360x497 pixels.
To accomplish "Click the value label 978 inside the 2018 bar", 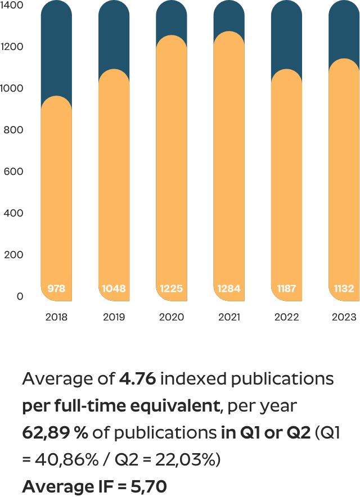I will (56, 289).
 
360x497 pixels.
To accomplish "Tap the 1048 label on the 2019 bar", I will (114, 289).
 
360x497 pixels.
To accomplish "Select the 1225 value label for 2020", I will (171, 289).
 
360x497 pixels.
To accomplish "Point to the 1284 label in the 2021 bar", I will (229, 289).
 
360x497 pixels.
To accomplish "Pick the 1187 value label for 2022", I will (286, 289).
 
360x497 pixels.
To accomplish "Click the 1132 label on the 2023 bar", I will (344, 289).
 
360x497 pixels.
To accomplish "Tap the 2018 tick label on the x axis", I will (56, 317).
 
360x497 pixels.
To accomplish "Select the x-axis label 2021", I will (229, 317).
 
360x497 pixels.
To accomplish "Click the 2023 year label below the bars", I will (344, 317).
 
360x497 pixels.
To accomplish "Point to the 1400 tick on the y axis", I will (12, 5).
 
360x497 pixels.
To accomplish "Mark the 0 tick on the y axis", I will (20, 296).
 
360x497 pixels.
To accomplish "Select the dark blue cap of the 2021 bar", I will (229, 16).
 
